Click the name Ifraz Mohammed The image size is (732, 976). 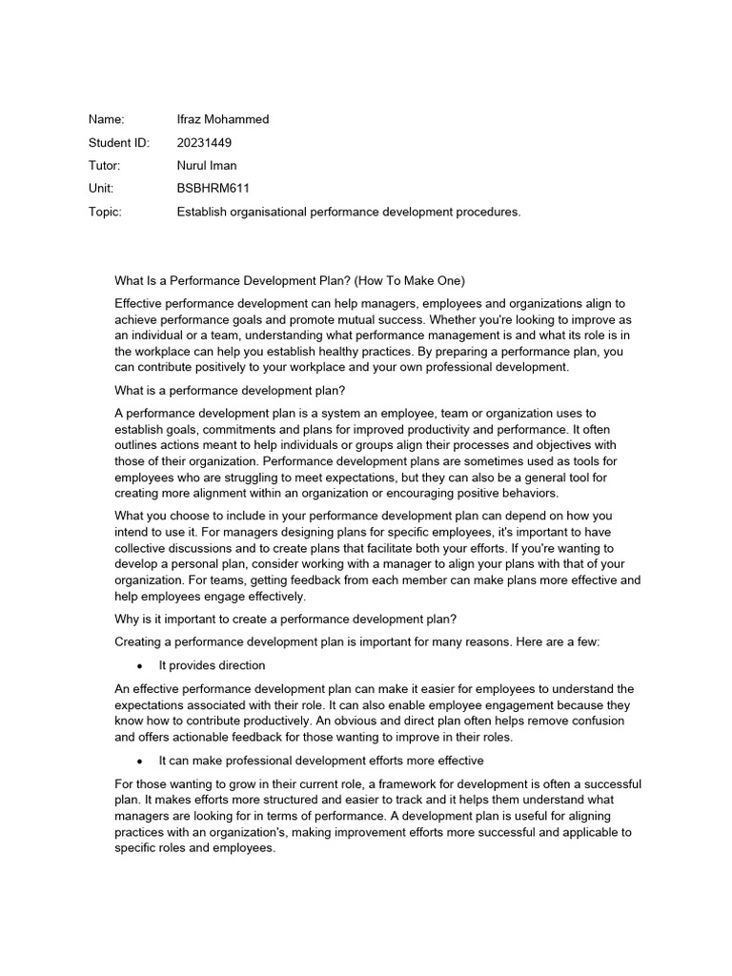pos(223,120)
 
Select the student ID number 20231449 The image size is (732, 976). pos(204,143)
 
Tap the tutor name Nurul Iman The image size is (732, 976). pos(209,166)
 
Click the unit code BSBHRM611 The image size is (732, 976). pos(213,189)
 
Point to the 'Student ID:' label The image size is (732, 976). pos(119,143)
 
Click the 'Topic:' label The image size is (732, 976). pos(105,213)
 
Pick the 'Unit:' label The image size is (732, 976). pos(102,189)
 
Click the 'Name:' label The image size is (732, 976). pos(107,120)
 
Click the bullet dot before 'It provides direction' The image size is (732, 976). pos(140,666)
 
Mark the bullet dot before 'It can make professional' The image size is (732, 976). pos(140,762)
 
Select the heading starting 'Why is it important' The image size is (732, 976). pos(278,620)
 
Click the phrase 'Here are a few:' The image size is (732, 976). pos(558,642)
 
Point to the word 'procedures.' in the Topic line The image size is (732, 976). pos(491,213)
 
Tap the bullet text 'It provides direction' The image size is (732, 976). pos(212,665)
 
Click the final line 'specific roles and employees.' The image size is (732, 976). pos(194,847)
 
